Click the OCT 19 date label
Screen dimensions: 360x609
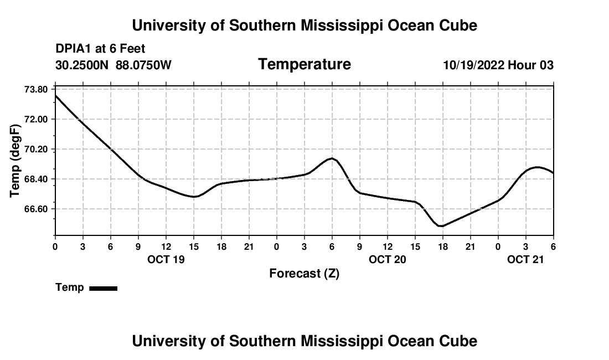166,259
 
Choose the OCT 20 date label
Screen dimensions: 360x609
388,259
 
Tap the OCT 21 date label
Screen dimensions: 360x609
526,259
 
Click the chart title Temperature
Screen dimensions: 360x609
304,64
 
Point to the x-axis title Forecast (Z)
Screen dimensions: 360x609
304,274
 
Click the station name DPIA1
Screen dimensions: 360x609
74,49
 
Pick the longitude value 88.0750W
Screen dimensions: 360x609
143,65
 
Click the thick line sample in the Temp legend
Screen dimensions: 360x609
103,288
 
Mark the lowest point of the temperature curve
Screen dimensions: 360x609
441,226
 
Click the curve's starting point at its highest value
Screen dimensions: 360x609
55,95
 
